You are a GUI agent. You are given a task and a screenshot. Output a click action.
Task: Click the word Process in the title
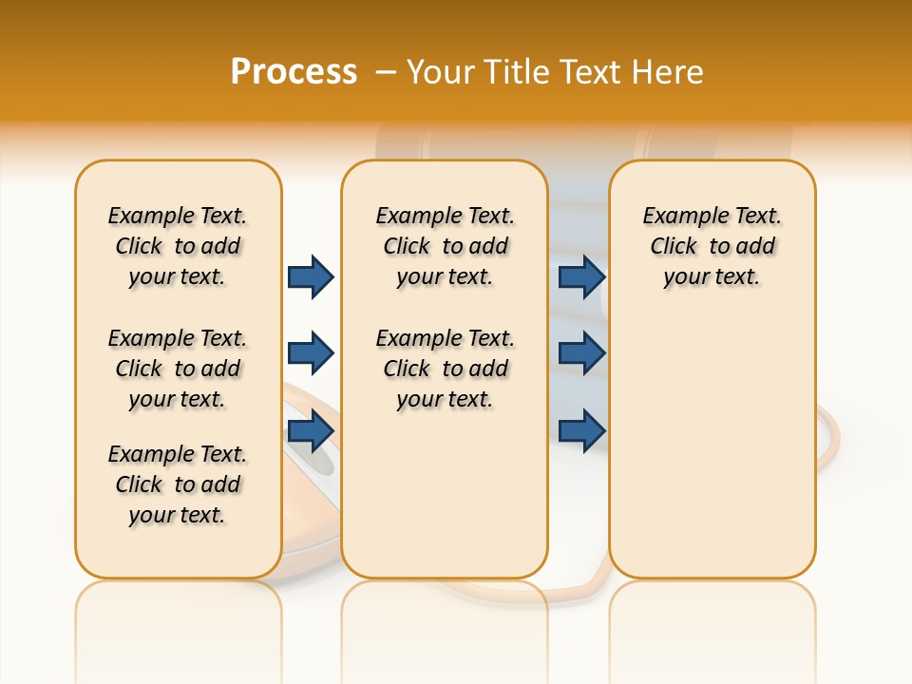tap(294, 71)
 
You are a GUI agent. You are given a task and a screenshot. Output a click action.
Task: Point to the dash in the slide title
tap(386, 73)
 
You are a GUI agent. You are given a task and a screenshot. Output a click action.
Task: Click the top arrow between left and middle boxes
tap(311, 276)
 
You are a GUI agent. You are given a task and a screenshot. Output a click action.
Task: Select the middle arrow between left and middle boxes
tap(311, 353)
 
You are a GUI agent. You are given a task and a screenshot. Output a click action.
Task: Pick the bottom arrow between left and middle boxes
tap(311, 430)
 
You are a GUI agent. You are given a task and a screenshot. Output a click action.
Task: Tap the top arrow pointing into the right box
tap(581, 276)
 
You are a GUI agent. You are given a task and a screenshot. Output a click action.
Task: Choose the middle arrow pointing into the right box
tap(581, 353)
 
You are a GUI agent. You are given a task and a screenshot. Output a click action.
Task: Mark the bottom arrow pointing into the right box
tap(581, 430)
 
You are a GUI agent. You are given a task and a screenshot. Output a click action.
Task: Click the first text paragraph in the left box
tap(178, 246)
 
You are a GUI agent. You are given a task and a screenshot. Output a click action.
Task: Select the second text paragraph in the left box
tap(178, 369)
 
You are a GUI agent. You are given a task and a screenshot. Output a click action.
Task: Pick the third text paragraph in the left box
tap(178, 484)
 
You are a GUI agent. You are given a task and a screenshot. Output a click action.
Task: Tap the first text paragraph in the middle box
tap(445, 246)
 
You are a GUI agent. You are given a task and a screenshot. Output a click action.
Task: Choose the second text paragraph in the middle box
tap(445, 369)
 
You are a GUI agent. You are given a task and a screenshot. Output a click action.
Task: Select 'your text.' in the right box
tap(712, 277)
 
